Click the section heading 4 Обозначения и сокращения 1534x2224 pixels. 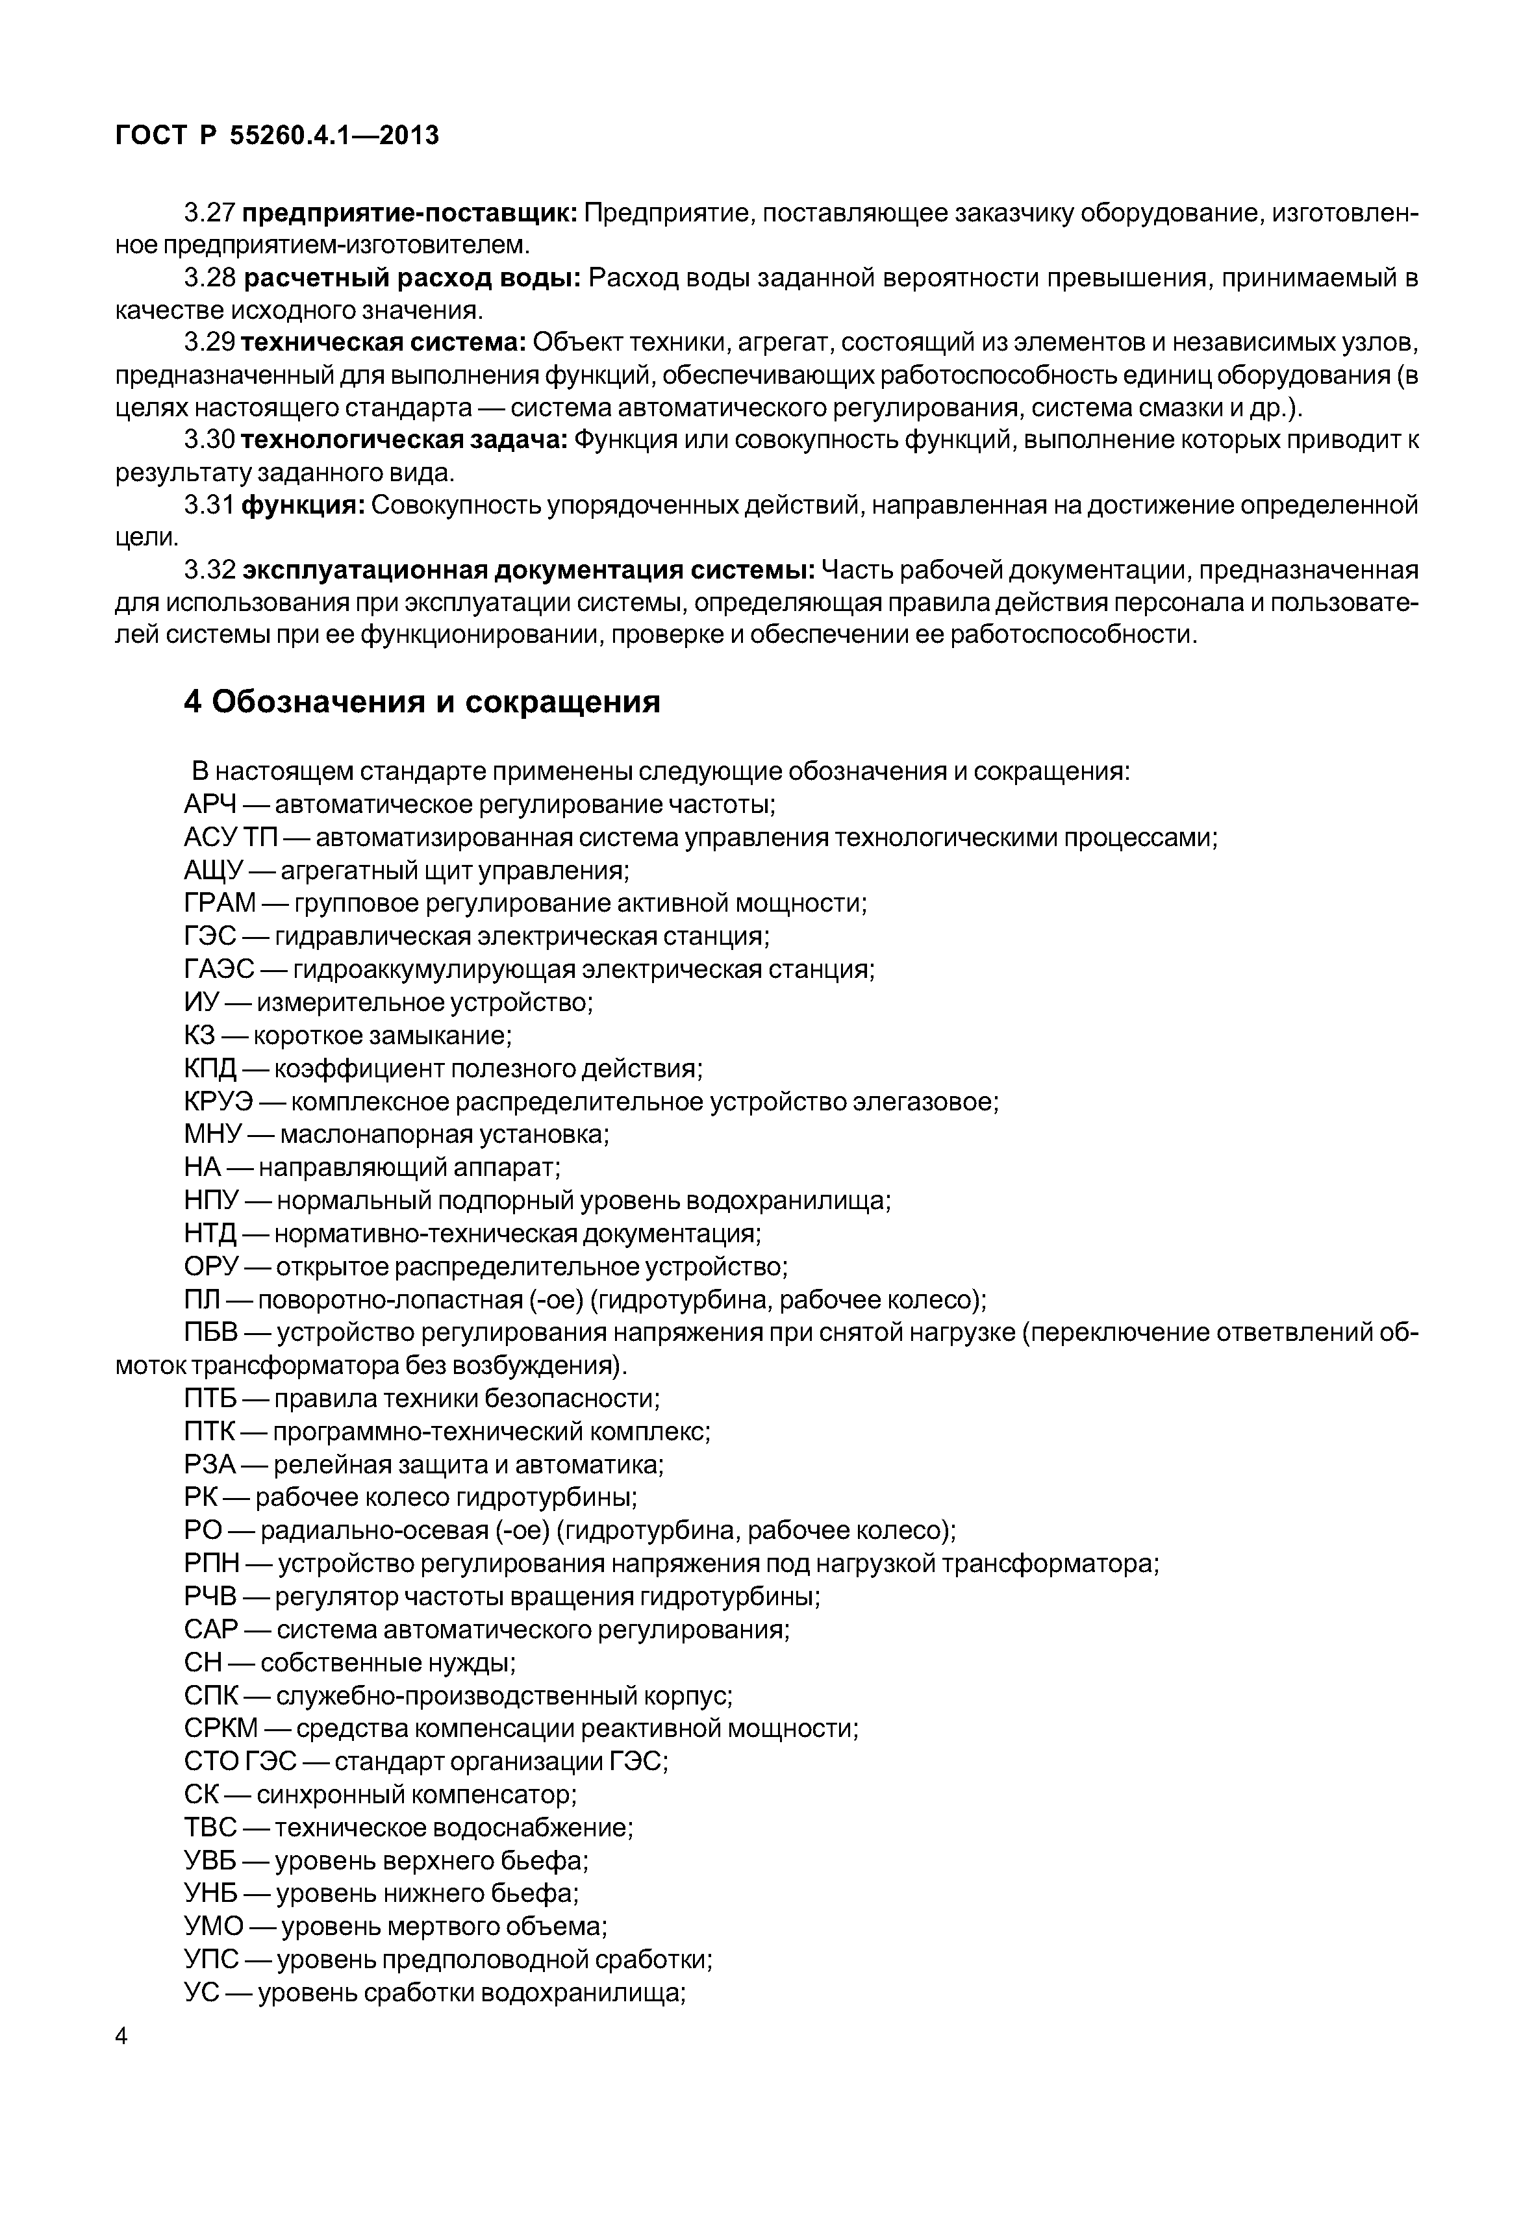[422, 703]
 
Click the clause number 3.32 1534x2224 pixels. [210, 571]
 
